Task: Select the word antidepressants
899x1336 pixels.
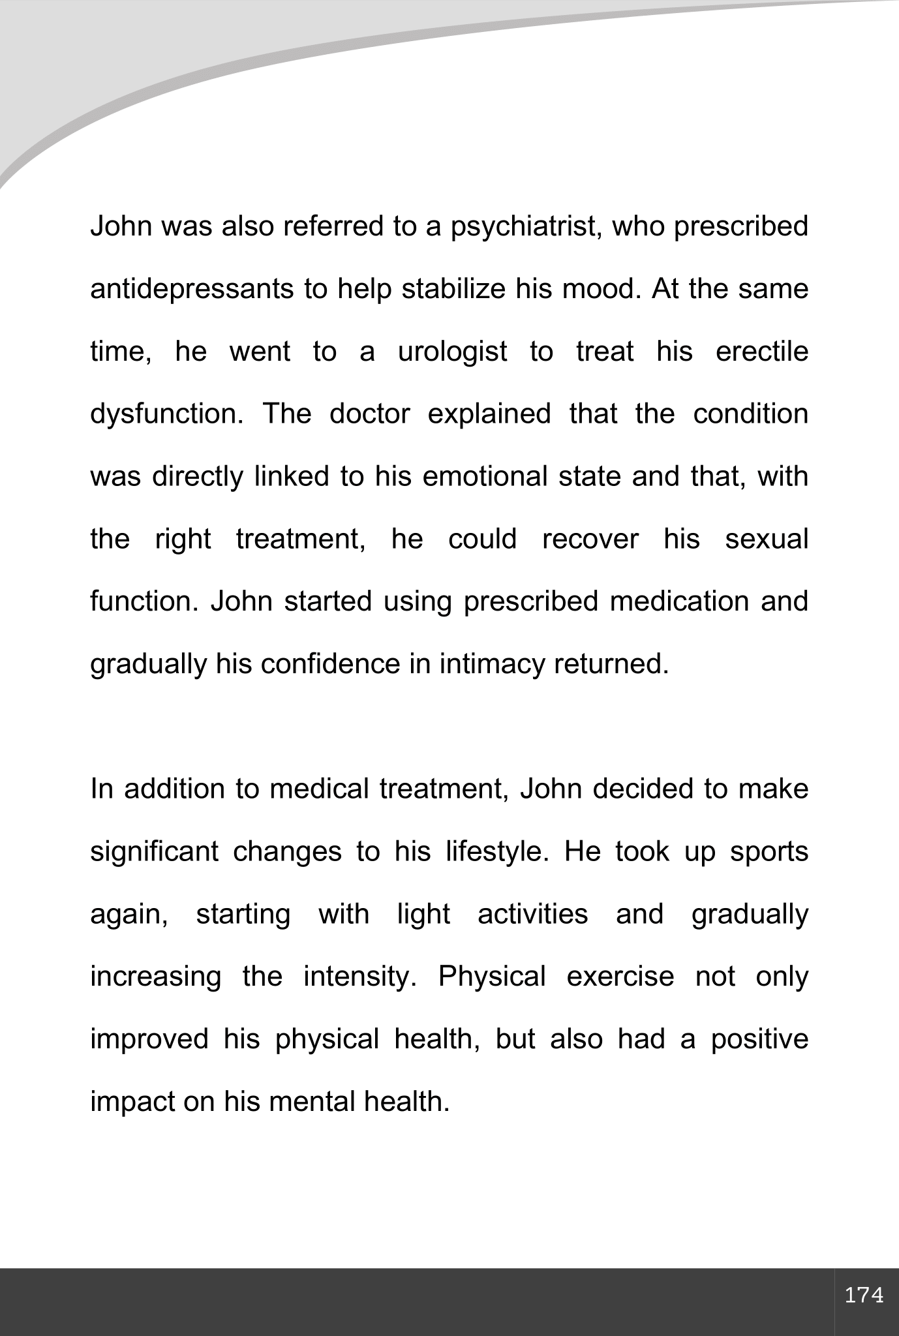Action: pyautogui.click(x=192, y=290)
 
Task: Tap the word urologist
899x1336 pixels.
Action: pyautogui.click(x=452, y=352)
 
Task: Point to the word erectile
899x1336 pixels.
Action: pyautogui.click(x=761, y=352)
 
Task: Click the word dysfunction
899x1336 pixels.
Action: pyautogui.click(x=166, y=415)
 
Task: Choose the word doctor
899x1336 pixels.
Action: pyautogui.click(x=370, y=415)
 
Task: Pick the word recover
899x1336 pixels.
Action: pyautogui.click(x=590, y=539)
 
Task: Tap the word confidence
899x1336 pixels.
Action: pyautogui.click(x=330, y=665)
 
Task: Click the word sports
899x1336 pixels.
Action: pyautogui.click(x=769, y=853)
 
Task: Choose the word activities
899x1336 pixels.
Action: pyautogui.click(x=532, y=915)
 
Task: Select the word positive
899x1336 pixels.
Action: pyautogui.click(x=759, y=1040)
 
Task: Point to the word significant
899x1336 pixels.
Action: pyautogui.click(x=154, y=853)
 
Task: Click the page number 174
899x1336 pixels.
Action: pyautogui.click(x=864, y=1296)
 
